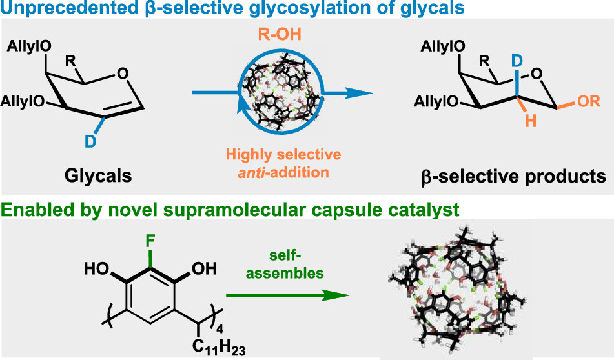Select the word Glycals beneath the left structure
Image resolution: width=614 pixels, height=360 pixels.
pyautogui.click(x=99, y=174)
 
